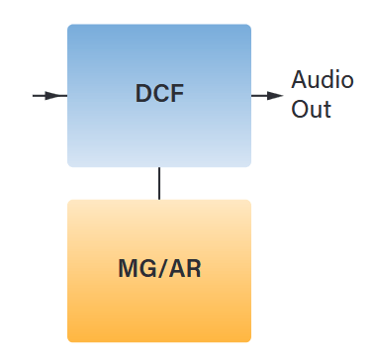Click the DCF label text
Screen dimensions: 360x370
[x=159, y=95]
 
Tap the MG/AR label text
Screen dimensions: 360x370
[x=159, y=268]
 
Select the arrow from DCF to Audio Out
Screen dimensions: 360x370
[x=266, y=96]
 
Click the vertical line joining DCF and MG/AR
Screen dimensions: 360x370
[x=159, y=183]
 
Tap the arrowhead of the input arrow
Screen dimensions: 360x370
[x=60, y=96]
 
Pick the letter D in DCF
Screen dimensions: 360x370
[x=143, y=95]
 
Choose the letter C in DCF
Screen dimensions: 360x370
[x=160, y=95]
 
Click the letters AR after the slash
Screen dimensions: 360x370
[x=183, y=268]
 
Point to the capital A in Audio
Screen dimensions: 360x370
[x=299, y=80]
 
